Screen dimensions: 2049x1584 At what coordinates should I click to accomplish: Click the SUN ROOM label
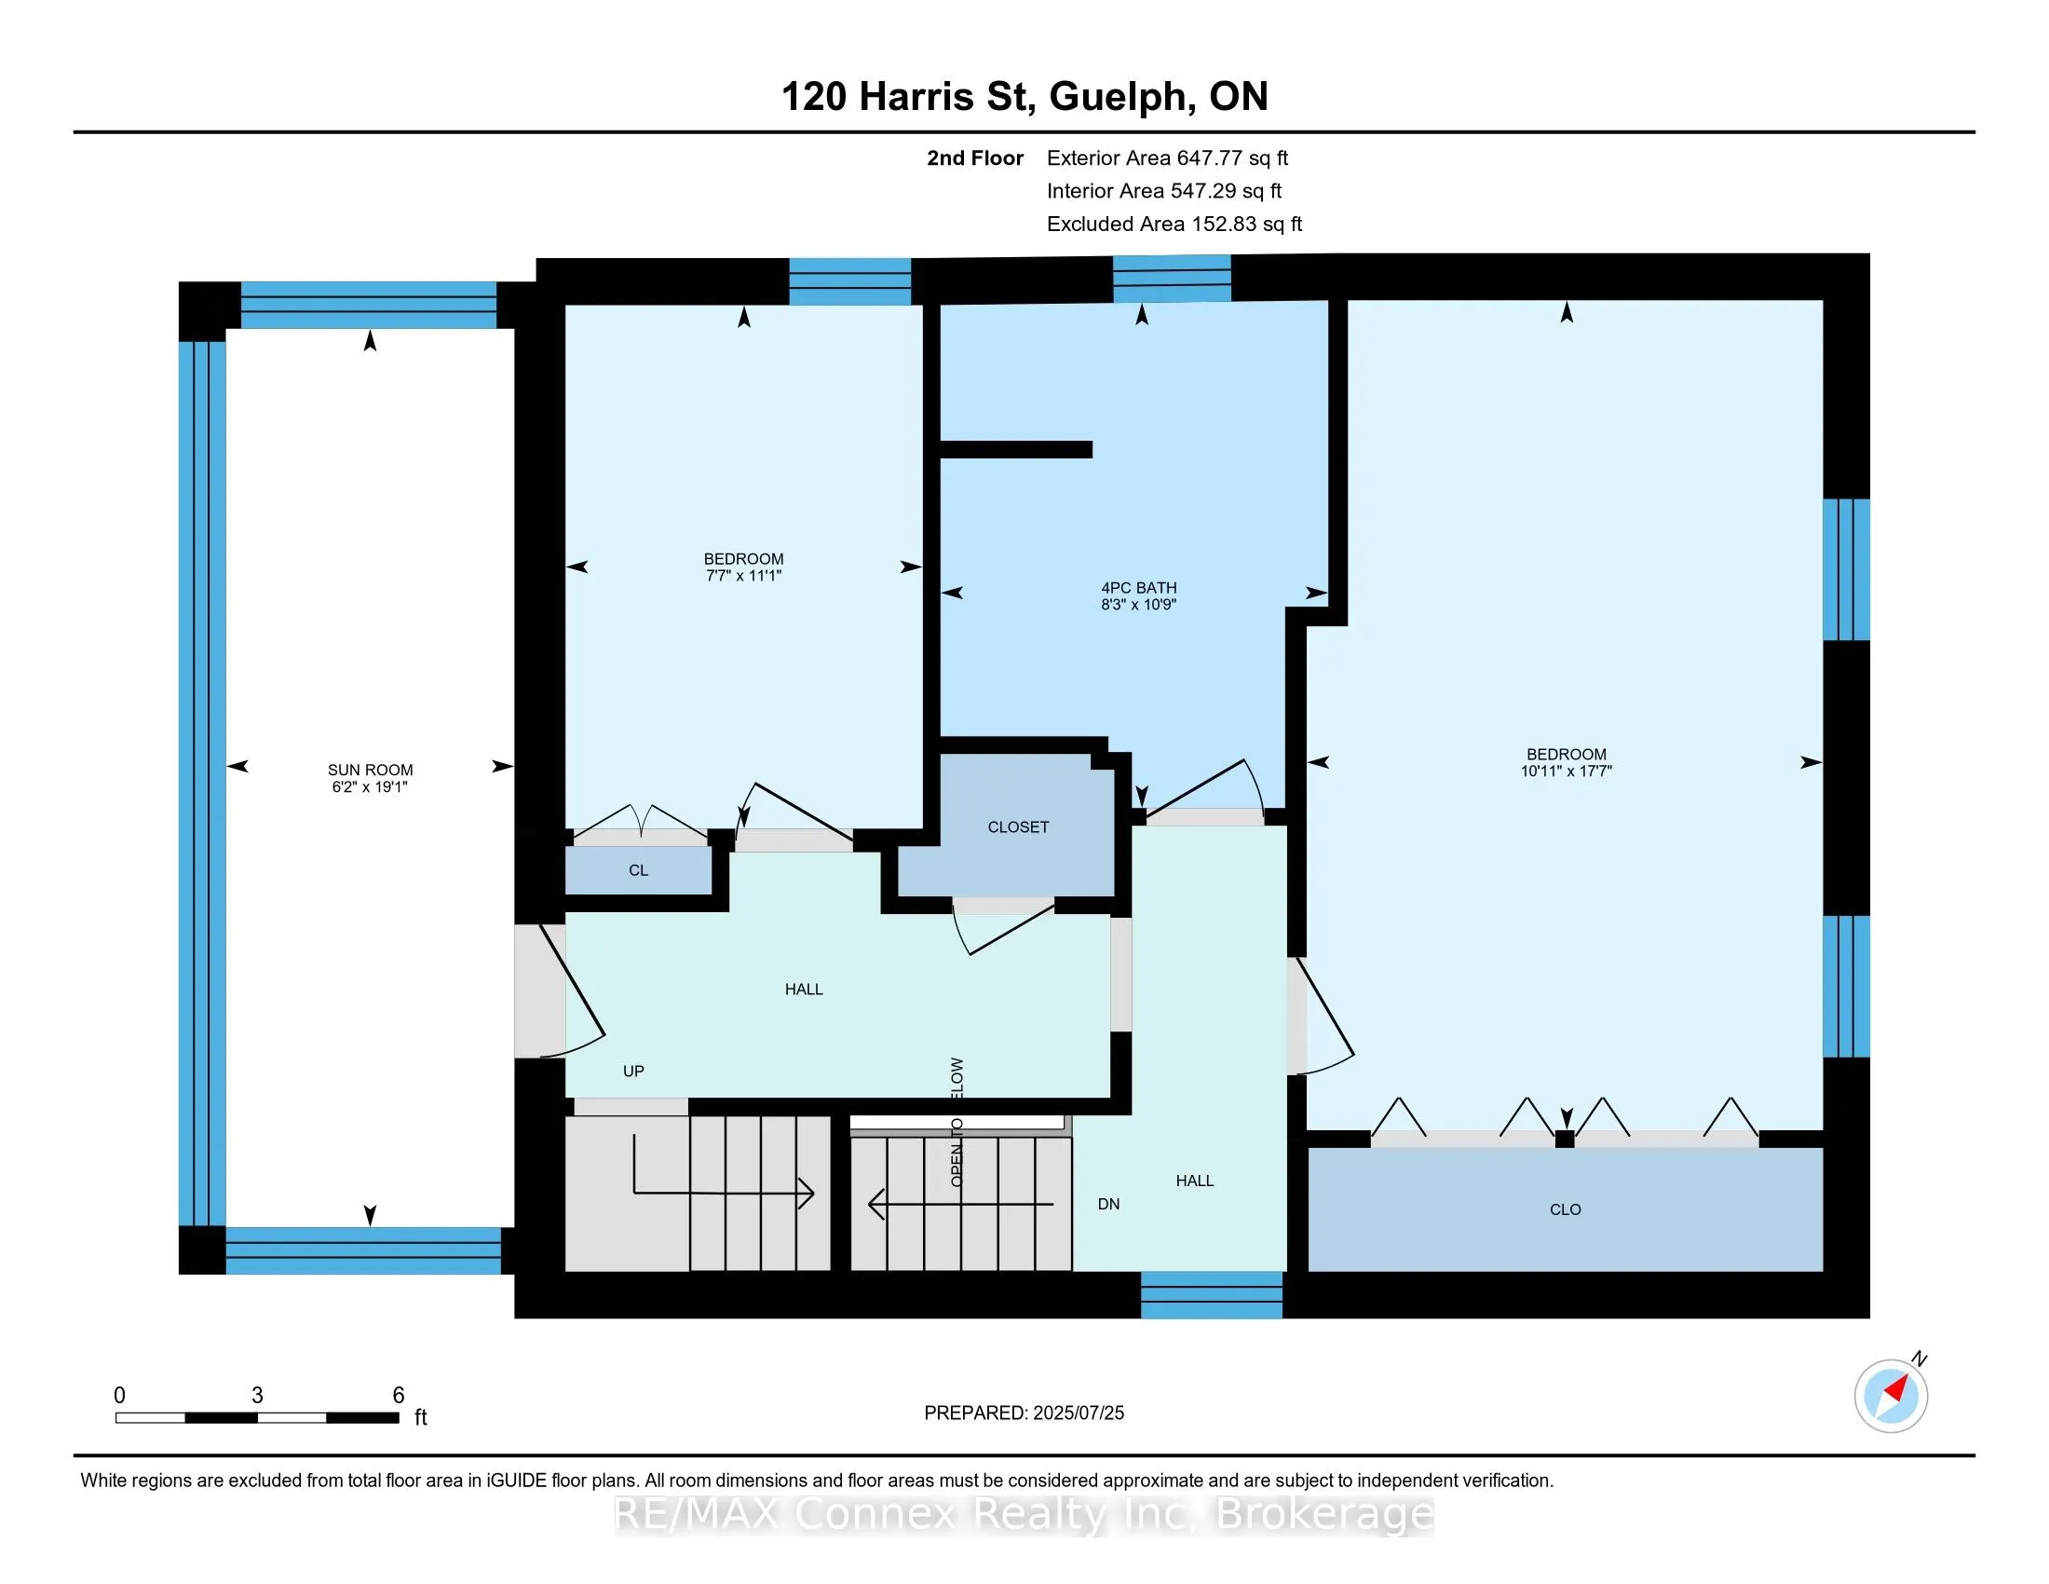click(370, 770)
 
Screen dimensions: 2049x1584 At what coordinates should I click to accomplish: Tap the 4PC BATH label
click(1139, 587)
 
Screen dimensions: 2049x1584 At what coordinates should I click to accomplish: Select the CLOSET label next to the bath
click(1018, 826)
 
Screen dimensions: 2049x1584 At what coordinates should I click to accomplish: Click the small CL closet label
click(638, 870)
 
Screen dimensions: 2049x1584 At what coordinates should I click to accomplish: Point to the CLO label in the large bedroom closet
click(1565, 1209)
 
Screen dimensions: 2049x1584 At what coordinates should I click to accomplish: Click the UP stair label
click(633, 1071)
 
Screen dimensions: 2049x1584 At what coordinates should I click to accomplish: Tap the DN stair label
click(1109, 1204)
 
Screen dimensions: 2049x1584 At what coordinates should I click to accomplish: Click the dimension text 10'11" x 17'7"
click(1566, 772)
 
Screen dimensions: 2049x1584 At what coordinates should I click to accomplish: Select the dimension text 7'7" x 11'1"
click(744, 576)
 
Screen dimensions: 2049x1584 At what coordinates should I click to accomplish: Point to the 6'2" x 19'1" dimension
click(370, 787)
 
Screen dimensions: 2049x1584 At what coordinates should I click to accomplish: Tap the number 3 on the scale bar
click(257, 1396)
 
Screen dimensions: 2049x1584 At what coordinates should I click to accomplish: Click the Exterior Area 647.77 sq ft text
click(1168, 157)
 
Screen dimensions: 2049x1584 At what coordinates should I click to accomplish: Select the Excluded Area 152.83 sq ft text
click(1174, 224)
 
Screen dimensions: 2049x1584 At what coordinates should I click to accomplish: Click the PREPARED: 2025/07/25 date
click(1024, 1413)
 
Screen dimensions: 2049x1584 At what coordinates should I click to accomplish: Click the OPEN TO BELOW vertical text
click(957, 1123)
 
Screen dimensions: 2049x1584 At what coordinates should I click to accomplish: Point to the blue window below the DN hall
click(1211, 1295)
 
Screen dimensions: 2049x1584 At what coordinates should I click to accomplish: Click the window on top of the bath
click(1172, 279)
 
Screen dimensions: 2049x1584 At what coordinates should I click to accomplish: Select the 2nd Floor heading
click(975, 157)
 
